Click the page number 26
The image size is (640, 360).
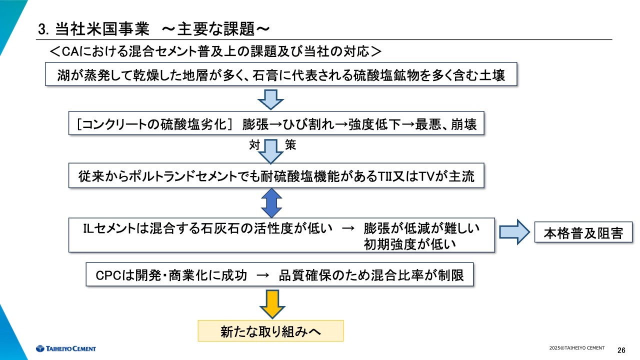pos(621,349)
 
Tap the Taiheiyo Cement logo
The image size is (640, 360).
pos(65,348)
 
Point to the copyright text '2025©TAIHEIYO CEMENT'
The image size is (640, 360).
pos(576,348)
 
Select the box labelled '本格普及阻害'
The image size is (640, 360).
pos(583,233)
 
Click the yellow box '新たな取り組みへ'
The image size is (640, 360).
pos(270,331)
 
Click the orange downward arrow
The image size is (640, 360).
pos(272,304)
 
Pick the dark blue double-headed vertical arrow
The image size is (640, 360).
pos(271,202)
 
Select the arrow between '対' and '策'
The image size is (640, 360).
pos(270,151)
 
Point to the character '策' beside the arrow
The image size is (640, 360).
pos(290,145)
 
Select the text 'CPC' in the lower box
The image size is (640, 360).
pos(107,275)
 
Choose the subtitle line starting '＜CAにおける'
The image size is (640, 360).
pos(215,51)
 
